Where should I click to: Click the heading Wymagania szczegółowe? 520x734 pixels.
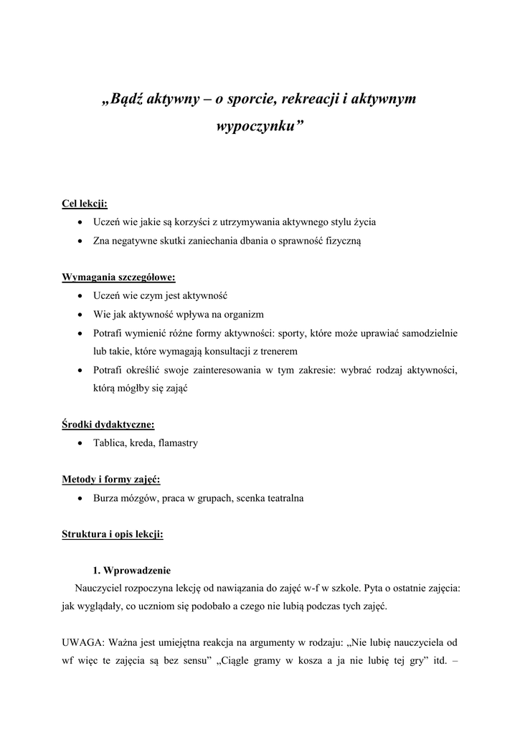click(118, 277)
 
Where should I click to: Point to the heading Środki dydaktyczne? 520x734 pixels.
click(108, 424)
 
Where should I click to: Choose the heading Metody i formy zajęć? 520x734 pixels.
click(110, 480)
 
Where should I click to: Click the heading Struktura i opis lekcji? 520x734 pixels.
click(113, 535)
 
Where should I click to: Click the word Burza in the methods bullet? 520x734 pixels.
click(106, 498)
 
